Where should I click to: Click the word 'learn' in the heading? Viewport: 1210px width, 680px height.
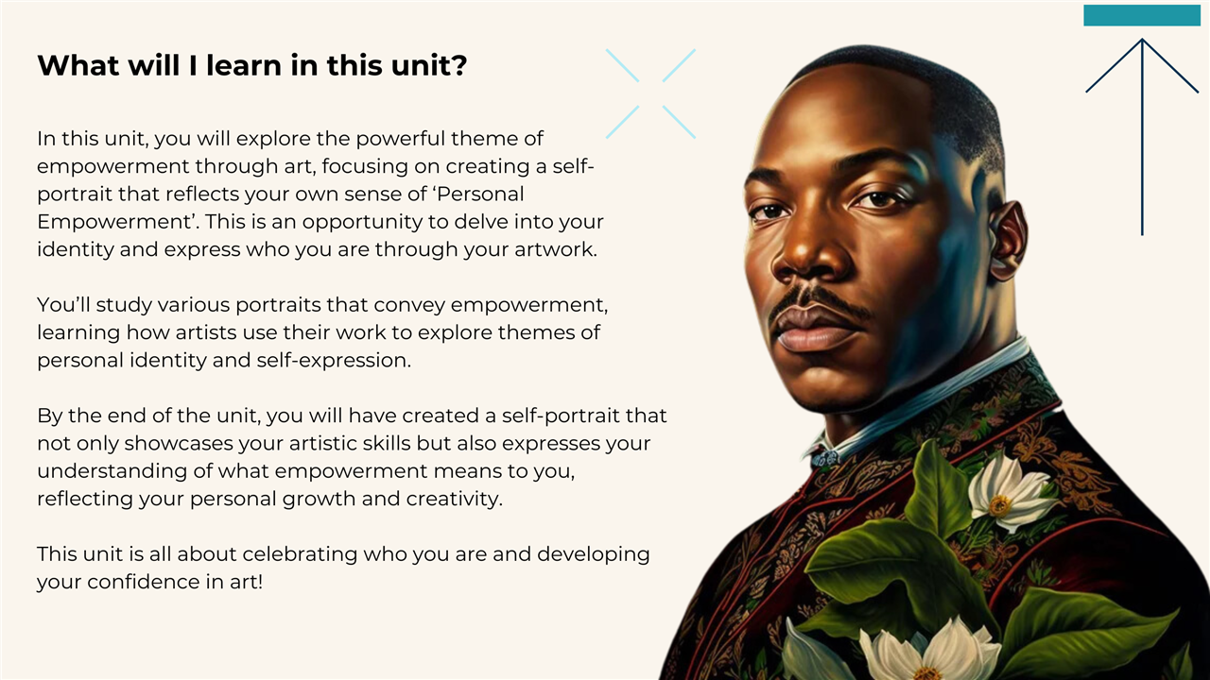click(244, 65)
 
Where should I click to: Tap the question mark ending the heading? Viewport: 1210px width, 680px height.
click(459, 65)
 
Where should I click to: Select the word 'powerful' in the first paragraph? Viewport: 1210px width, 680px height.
click(400, 140)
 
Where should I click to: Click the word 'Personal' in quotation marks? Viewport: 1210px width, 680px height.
click(480, 194)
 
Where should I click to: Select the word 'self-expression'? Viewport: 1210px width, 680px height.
click(334, 361)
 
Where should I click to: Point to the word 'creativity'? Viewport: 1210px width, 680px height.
click(454, 500)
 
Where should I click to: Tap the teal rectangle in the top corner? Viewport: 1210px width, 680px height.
click(1142, 15)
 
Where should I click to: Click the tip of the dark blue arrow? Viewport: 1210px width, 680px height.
click(1142, 39)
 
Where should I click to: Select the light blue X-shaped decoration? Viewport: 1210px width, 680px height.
click(650, 93)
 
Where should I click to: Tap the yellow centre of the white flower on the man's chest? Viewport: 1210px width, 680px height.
click(1000, 505)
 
